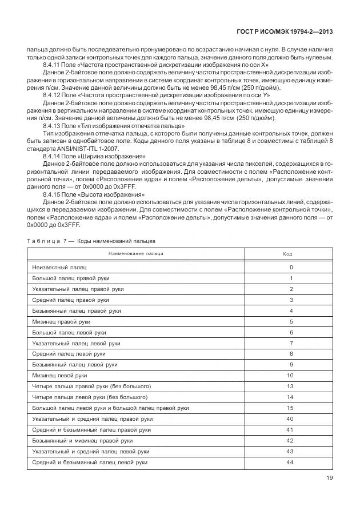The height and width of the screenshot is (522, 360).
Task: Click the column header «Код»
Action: (288, 253)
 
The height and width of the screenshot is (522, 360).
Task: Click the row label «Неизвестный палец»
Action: (59, 268)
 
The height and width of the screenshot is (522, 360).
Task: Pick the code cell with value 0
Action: (291, 268)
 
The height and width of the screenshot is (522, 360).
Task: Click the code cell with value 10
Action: (290, 375)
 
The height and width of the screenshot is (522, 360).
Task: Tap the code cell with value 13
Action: (290, 386)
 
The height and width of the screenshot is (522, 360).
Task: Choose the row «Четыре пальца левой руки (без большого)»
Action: (90, 397)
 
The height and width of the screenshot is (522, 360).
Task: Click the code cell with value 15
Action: (290, 408)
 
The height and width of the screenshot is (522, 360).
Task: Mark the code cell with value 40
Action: (290, 419)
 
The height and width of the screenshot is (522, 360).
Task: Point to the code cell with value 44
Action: (290, 462)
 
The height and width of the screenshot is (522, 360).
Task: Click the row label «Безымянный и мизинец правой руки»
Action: (83, 440)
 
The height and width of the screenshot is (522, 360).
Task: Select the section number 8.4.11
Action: (51, 66)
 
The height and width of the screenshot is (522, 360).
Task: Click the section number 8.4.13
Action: (51, 125)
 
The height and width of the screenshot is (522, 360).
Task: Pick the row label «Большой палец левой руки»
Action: (69, 332)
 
